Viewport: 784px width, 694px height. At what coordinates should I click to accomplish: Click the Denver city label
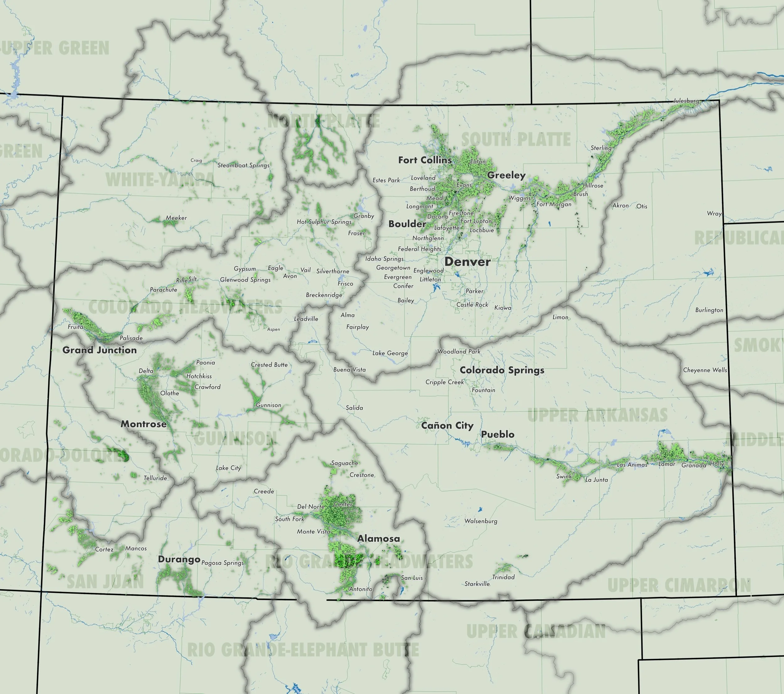(467, 262)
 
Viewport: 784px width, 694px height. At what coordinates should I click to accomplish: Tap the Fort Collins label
(425, 160)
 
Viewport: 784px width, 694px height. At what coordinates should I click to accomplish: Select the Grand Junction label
(99, 350)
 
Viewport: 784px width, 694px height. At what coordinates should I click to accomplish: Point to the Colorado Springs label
(502, 370)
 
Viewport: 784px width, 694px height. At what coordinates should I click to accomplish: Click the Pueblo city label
(497, 434)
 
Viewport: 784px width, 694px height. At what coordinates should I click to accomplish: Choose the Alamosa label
(378, 539)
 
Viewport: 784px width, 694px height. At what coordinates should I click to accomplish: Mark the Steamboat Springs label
(244, 165)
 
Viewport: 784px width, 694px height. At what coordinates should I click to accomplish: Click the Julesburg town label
(686, 101)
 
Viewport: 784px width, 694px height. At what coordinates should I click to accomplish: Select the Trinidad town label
(503, 577)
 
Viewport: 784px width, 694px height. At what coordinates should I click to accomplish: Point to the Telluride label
(155, 478)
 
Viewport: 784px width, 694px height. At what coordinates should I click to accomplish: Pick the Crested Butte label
(269, 365)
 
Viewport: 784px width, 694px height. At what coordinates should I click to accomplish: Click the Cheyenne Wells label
(705, 370)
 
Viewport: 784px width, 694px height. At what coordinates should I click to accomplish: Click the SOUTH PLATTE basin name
(516, 140)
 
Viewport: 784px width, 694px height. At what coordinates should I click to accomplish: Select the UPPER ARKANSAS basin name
(597, 416)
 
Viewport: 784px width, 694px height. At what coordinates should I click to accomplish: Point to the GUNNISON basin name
(235, 438)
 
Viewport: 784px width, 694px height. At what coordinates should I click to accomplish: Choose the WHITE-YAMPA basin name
(160, 180)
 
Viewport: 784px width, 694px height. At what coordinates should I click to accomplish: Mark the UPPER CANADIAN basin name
(536, 632)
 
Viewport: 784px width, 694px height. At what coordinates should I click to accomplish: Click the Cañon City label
(447, 426)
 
